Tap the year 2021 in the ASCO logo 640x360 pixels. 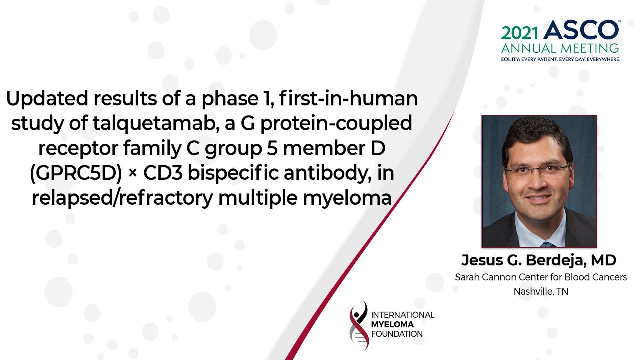click(520, 32)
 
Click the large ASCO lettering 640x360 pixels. click(581, 30)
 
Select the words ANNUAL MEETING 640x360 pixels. click(560, 48)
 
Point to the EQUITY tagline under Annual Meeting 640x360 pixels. click(560, 59)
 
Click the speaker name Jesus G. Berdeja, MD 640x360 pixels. click(539, 260)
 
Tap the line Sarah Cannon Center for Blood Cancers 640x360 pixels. click(540, 277)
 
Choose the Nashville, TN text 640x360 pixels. click(540, 291)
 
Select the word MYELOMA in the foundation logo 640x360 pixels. click(393, 324)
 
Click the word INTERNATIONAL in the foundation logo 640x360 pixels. click(403, 315)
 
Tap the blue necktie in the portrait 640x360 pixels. click(547, 244)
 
